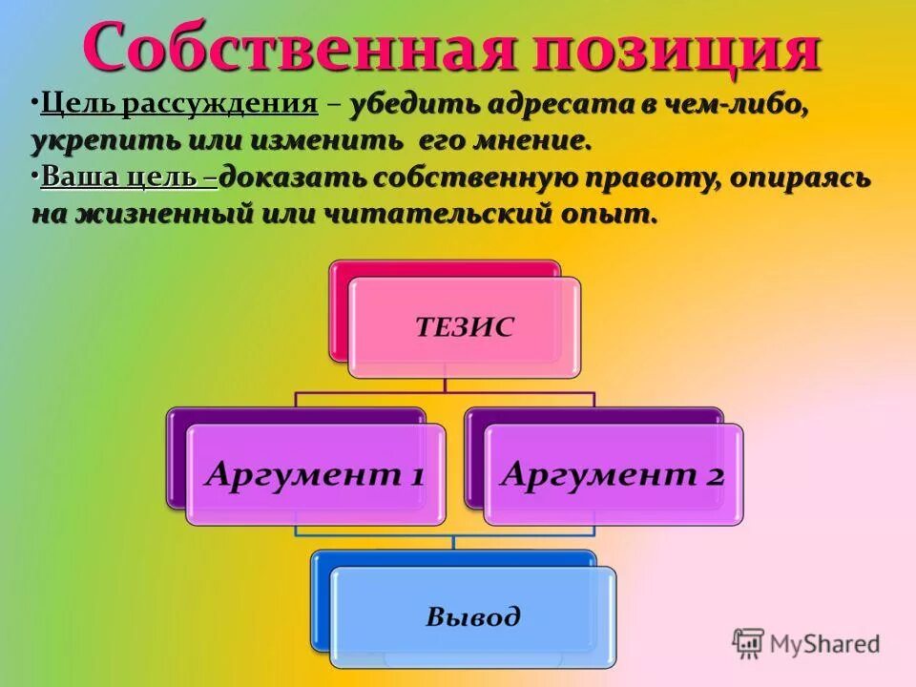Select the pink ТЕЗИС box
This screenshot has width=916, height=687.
click(x=464, y=327)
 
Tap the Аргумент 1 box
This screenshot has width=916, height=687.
click(x=315, y=473)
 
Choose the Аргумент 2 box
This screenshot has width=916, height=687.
click(x=613, y=473)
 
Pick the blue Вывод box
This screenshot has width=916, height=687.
click(x=473, y=615)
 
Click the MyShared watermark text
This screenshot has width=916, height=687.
click(x=824, y=643)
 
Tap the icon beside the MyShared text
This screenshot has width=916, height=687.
click(x=748, y=643)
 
